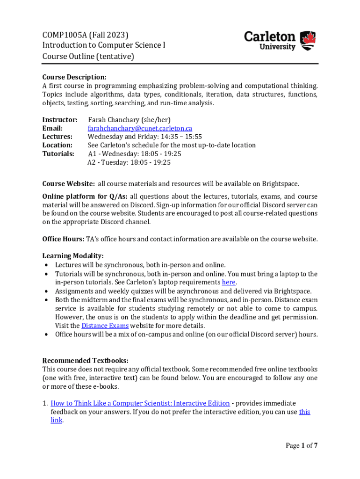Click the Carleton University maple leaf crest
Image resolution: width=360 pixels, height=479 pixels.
click(x=307, y=41)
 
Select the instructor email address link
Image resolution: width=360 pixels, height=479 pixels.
click(x=140, y=128)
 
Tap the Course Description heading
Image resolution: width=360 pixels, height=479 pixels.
click(x=74, y=77)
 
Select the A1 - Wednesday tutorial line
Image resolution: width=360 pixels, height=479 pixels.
click(x=134, y=153)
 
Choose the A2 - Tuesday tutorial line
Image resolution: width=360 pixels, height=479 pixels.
click(x=129, y=162)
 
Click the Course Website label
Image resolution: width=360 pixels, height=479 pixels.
click(x=69, y=183)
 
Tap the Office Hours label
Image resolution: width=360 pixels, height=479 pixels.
click(x=63, y=239)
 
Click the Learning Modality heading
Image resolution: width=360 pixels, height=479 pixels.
click(x=73, y=256)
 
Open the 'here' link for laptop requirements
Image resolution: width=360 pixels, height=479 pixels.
click(x=229, y=282)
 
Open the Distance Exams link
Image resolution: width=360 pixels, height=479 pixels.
click(x=105, y=326)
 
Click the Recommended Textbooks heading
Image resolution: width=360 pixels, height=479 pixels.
click(x=85, y=360)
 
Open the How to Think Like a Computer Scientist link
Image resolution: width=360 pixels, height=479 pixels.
click(x=140, y=403)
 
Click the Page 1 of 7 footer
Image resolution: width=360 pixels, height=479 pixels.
click(x=302, y=445)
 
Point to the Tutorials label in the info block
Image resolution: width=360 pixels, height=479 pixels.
click(x=58, y=153)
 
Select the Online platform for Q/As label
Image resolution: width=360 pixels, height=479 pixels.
click(x=85, y=196)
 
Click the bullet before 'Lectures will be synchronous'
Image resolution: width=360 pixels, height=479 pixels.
click(x=46, y=265)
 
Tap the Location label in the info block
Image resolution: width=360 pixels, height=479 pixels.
click(x=58, y=145)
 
